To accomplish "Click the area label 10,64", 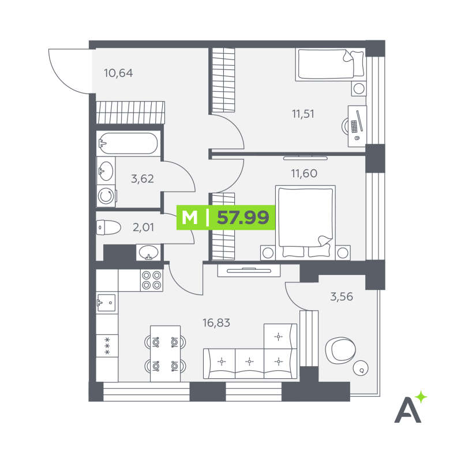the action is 118,73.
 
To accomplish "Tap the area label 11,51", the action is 303,114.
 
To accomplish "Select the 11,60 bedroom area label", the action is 304,173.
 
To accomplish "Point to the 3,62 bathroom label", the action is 142,179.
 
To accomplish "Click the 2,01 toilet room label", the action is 143,227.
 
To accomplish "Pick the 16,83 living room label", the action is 216,323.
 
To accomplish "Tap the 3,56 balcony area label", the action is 342,297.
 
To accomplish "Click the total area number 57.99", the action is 243,218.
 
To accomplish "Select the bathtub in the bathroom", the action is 128,143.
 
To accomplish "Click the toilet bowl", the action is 108,228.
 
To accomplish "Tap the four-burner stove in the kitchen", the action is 152,280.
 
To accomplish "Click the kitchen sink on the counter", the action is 106,303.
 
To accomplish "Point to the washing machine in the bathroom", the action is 106,196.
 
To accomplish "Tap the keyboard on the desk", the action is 354,126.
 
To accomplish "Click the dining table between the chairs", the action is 165,353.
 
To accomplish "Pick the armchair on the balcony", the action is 340,351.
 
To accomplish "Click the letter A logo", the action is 407,410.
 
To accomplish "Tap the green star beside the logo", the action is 421,397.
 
